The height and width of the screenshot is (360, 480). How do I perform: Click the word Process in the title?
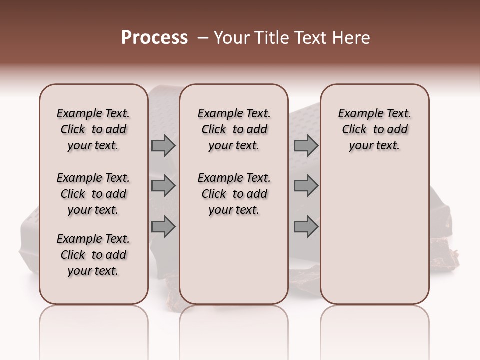(x=154, y=38)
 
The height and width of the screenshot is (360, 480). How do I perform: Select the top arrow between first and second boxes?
(x=163, y=146)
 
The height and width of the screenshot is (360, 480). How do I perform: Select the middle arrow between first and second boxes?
(x=163, y=186)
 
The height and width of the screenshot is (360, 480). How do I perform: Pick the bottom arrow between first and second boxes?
(x=163, y=227)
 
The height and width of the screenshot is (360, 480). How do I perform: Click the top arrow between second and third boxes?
(x=306, y=146)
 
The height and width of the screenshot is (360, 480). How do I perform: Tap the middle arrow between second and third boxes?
(x=306, y=186)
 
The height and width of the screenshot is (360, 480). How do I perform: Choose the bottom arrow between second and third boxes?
(x=306, y=227)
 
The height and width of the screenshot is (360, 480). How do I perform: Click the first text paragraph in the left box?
(x=93, y=129)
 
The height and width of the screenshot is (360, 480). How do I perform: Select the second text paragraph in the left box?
(x=93, y=194)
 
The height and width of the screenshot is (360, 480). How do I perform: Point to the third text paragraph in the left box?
(x=93, y=255)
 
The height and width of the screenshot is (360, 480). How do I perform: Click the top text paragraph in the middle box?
(x=234, y=129)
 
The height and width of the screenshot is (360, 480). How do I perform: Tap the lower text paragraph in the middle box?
(x=234, y=194)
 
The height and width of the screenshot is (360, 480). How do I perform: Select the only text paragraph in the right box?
(x=374, y=129)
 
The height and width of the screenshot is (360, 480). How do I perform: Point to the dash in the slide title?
(x=203, y=38)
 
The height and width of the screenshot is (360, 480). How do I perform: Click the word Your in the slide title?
(x=232, y=38)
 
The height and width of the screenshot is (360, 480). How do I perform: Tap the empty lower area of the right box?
(x=374, y=235)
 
